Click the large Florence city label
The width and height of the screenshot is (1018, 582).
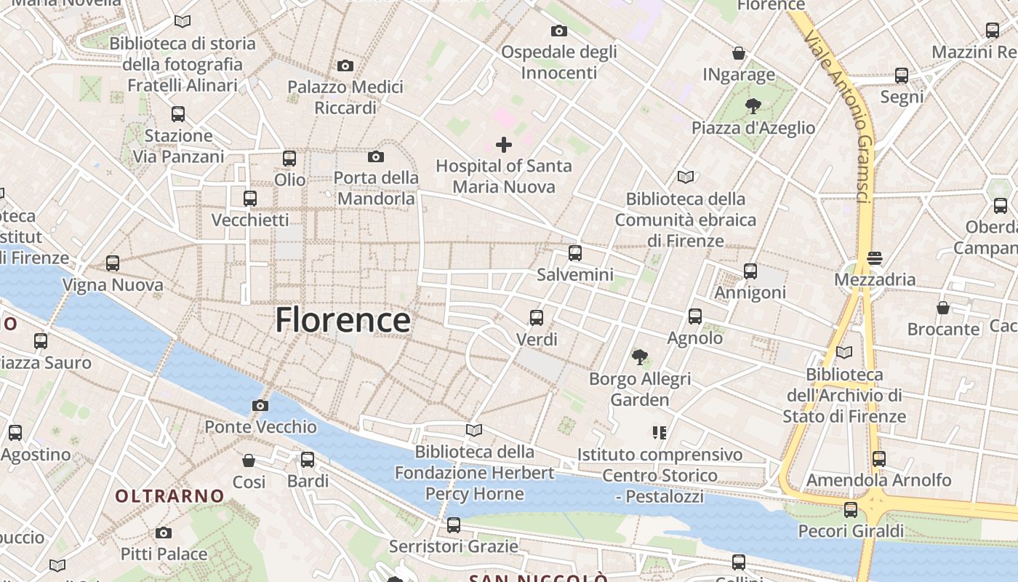point(342,320)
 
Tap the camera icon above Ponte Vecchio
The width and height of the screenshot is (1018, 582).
point(260,405)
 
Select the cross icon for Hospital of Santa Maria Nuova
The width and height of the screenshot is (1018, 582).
point(503,144)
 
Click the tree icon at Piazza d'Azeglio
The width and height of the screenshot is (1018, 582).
point(753,106)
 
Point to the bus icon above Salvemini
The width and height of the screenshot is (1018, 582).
point(575,253)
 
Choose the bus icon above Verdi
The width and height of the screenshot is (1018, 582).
point(537,318)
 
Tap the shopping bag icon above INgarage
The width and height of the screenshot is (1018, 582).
point(739,53)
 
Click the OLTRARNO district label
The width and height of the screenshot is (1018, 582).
point(170,496)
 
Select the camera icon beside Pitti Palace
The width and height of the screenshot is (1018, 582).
point(164,533)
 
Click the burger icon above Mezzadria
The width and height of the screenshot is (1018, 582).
point(875,258)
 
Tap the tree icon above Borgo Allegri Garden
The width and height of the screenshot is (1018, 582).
point(640,356)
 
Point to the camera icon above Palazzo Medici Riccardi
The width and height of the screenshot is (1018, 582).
point(345,66)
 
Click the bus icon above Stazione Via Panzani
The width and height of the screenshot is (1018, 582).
point(178,114)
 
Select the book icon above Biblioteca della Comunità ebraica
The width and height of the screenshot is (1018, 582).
point(685,177)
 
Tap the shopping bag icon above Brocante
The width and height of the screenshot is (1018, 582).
point(943,308)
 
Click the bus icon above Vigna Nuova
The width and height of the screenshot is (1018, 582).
point(113,263)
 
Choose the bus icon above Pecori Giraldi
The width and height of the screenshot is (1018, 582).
point(851,509)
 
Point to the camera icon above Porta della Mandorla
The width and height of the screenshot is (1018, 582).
point(376,156)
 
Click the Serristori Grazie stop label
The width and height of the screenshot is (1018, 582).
point(454,546)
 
